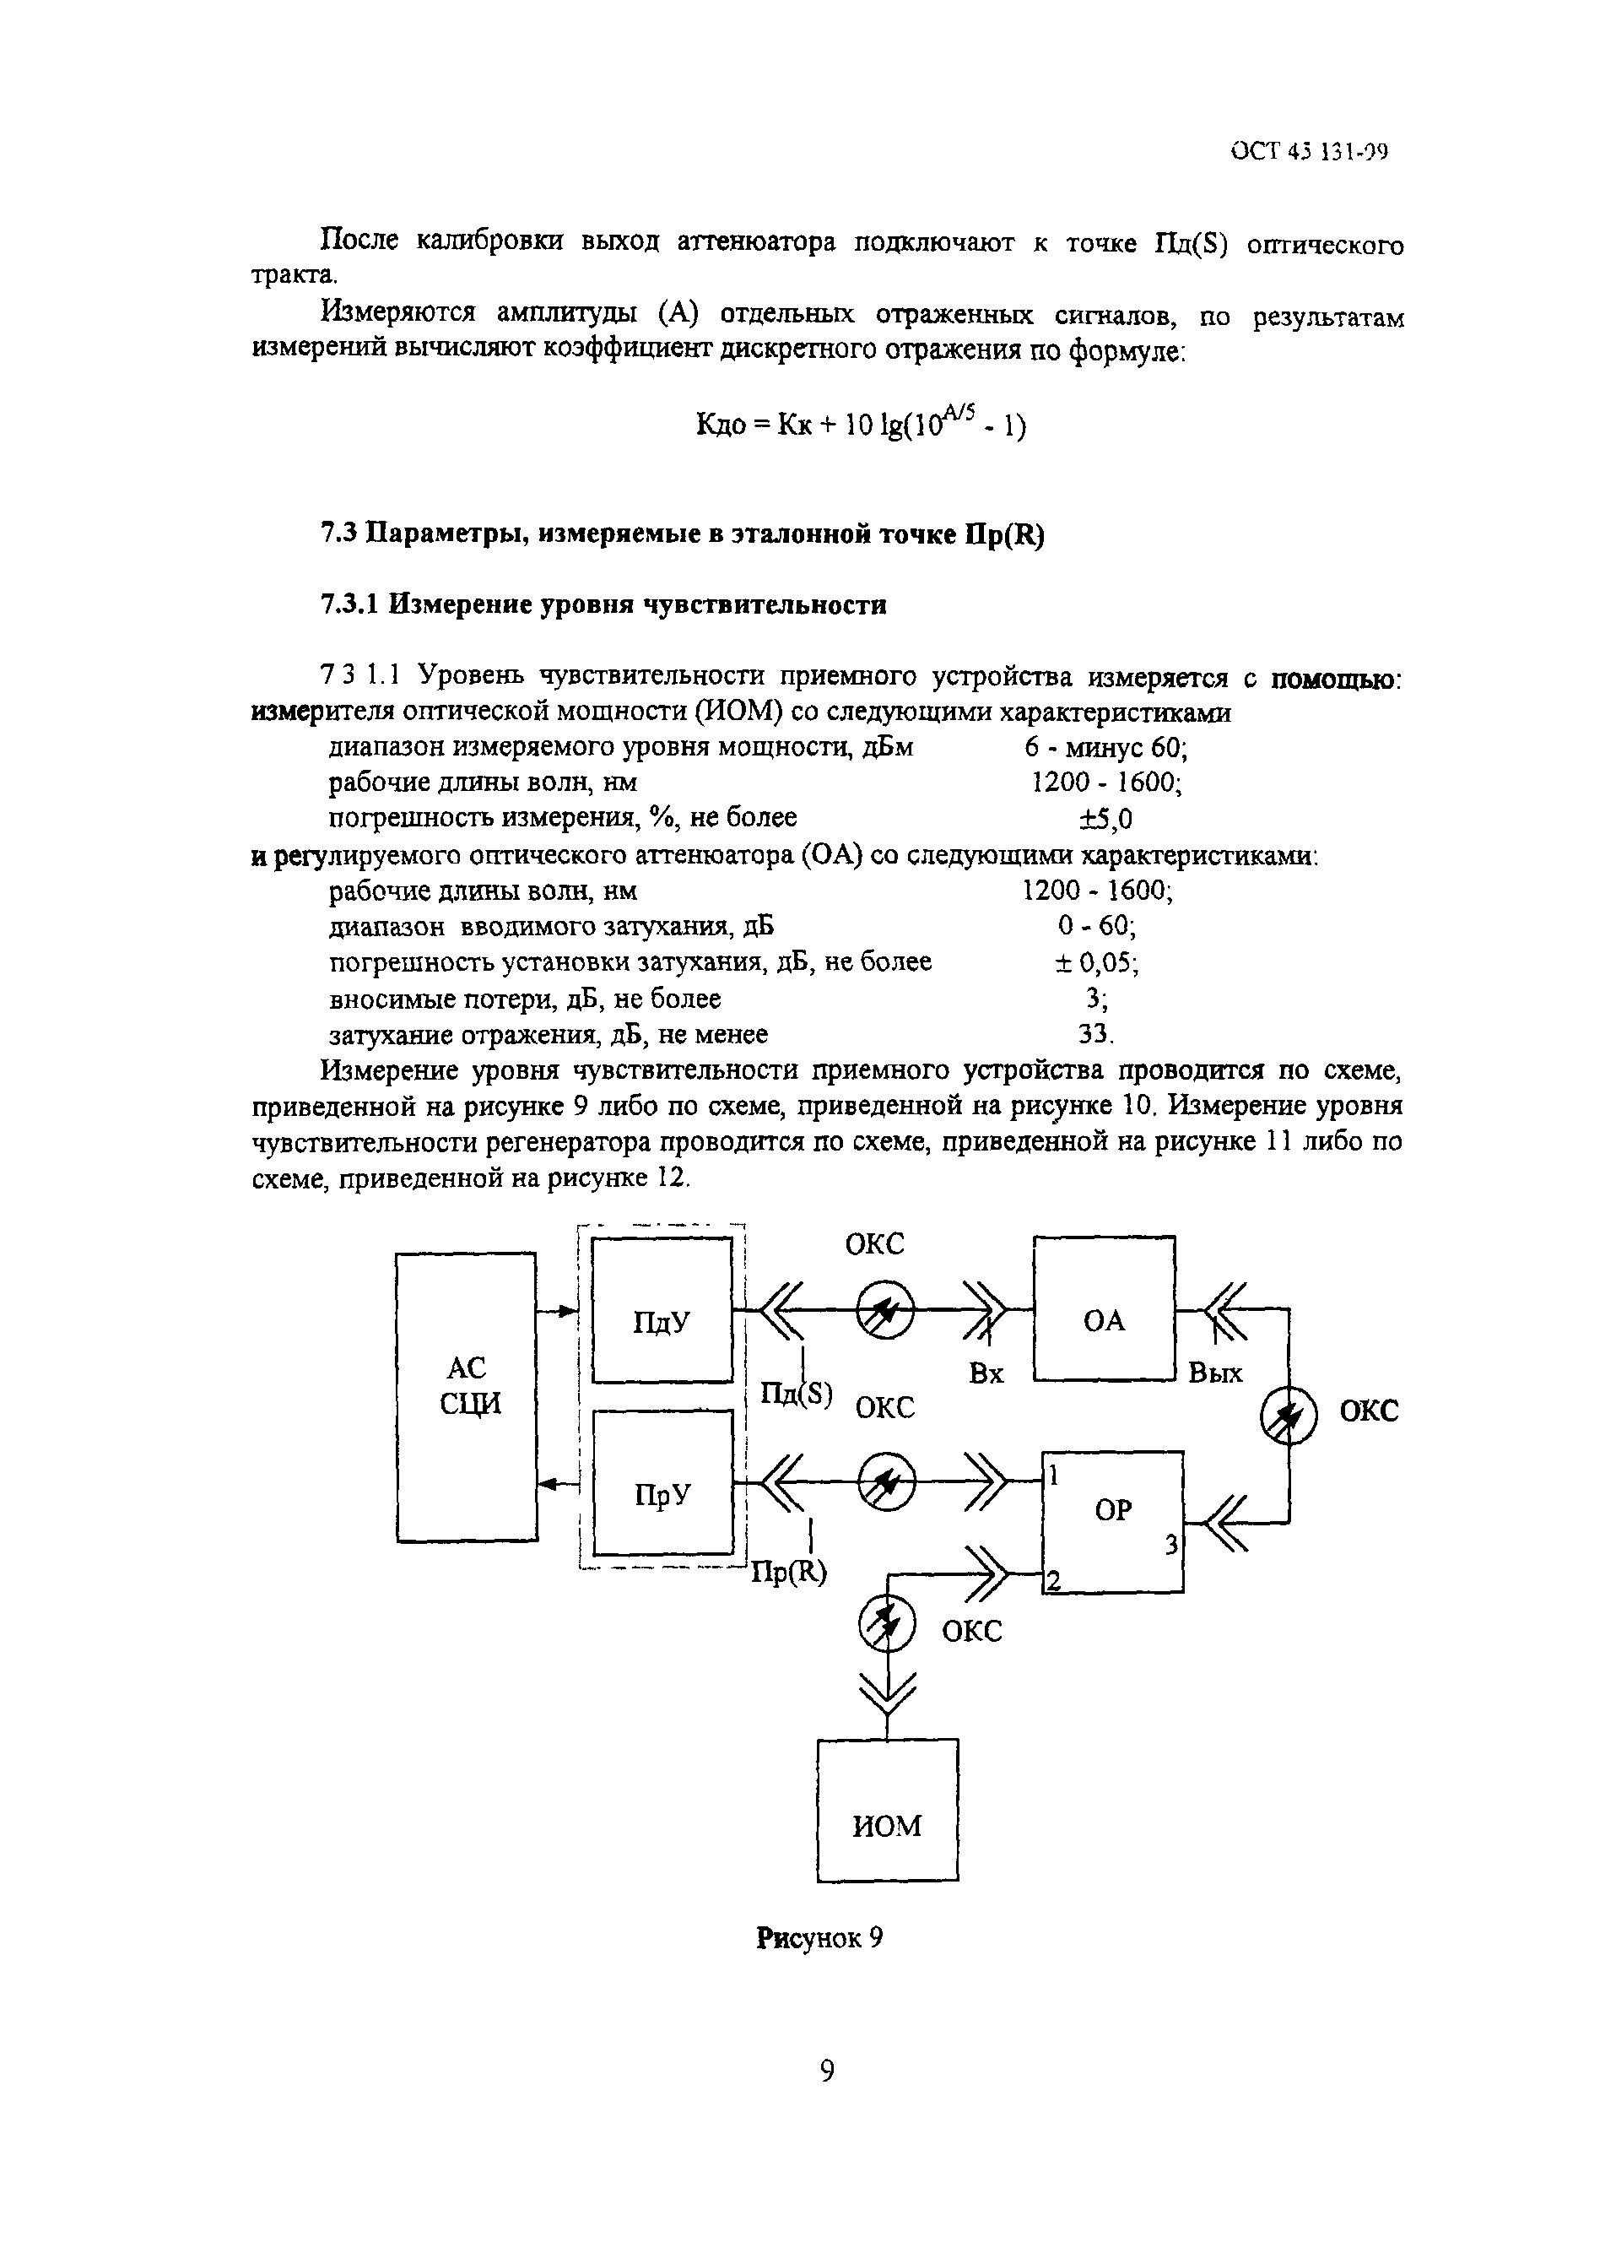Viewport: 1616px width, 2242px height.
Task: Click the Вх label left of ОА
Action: pos(986,1373)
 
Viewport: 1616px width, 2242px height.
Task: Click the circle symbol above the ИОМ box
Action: pos(887,1625)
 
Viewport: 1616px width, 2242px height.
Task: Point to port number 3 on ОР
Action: pos(1170,1544)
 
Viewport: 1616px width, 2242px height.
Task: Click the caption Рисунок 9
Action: pos(819,1937)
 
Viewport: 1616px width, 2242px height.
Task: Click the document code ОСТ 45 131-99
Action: pos(1310,151)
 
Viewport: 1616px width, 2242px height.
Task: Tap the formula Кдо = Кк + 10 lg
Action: pos(861,425)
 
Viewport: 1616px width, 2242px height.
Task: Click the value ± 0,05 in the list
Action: pos(1096,961)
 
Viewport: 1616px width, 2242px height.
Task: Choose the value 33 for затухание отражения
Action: pos(1095,1034)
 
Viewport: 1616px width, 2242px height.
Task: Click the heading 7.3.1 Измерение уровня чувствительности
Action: pos(603,604)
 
